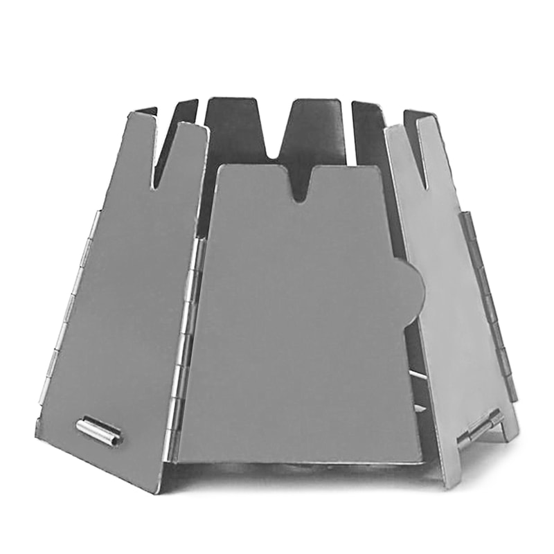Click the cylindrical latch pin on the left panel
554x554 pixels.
[98, 431]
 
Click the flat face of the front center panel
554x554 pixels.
[298, 325]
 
